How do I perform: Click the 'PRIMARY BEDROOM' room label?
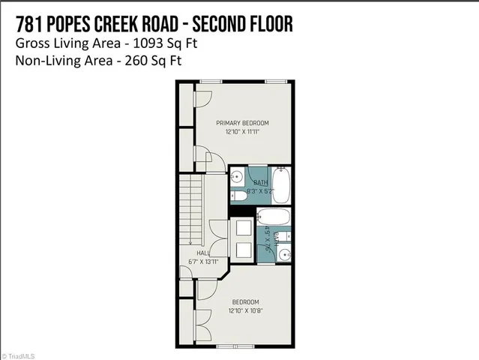(x=242, y=123)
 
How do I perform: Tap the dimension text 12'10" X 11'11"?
(x=242, y=131)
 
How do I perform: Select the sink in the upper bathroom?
(x=237, y=178)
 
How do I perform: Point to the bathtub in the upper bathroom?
(x=282, y=184)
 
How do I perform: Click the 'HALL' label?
(x=202, y=254)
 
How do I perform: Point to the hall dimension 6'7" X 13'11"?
(x=202, y=262)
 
